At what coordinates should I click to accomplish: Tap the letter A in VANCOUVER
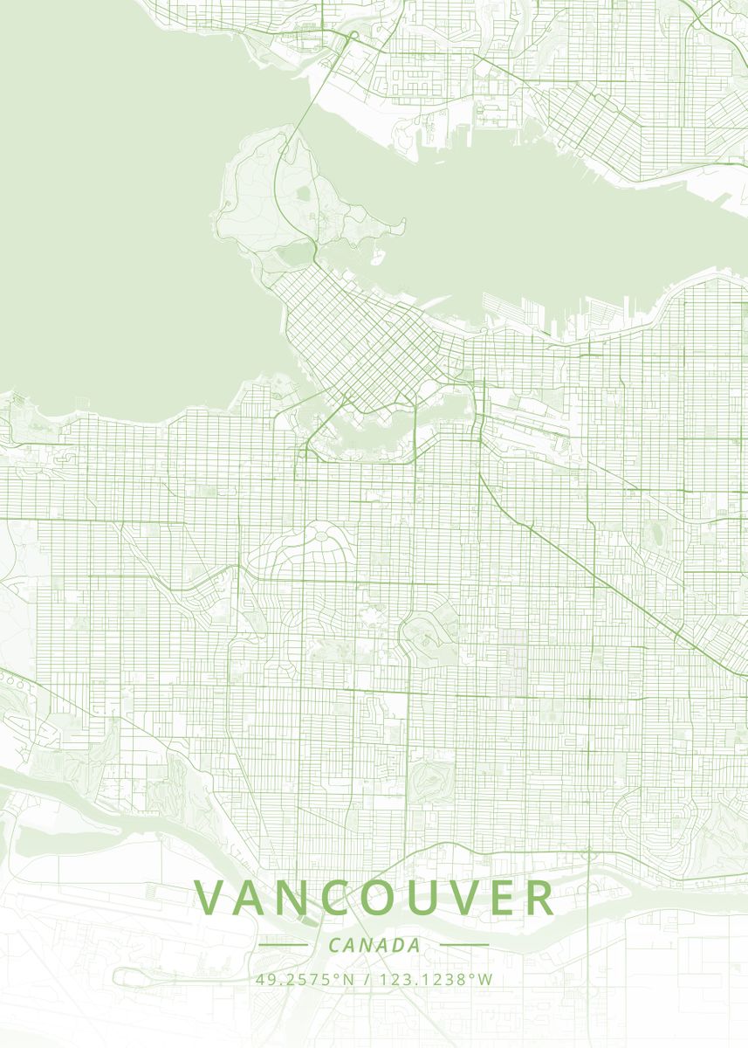tap(257, 898)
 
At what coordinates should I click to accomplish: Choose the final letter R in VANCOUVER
tap(539, 898)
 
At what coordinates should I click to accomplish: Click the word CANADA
tap(374, 945)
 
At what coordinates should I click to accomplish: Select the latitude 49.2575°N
tap(305, 979)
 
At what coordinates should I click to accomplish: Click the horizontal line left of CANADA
tap(284, 944)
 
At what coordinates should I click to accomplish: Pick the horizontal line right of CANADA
tap(464, 944)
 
